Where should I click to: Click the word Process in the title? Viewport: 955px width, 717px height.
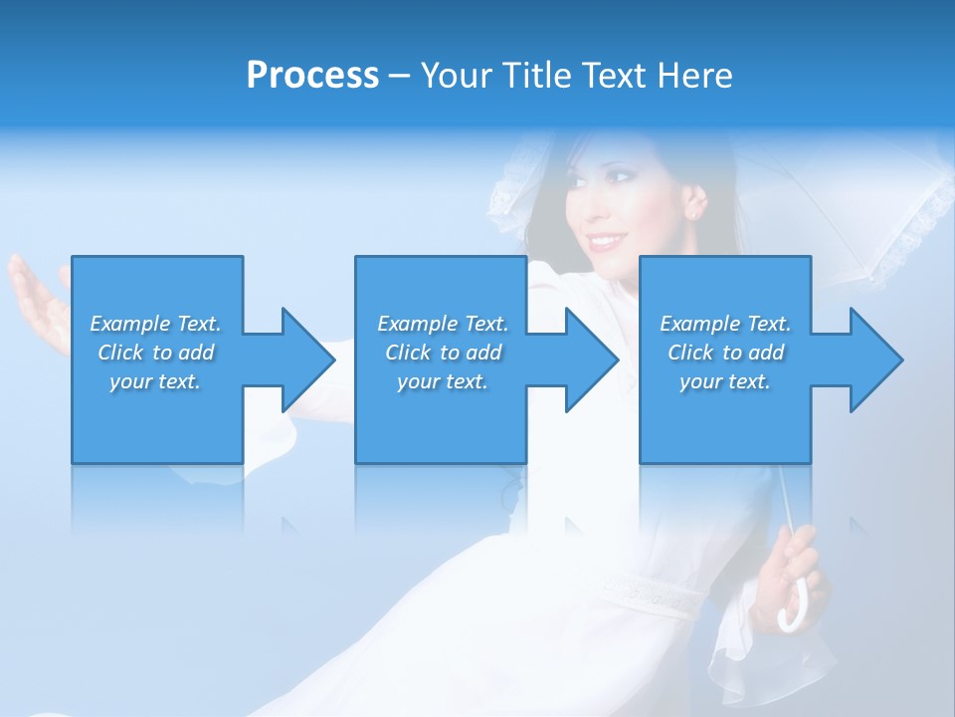pyautogui.click(x=312, y=76)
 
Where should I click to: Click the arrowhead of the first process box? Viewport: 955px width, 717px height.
pyautogui.click(x=309, y=359)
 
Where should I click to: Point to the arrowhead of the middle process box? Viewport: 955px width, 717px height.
pyautogui.click(x=593, y=359)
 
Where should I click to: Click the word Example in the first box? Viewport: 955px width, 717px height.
pyautogui.click(x=129, y=324)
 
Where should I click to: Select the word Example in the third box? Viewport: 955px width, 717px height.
pyautogui.click(x=699, y=324)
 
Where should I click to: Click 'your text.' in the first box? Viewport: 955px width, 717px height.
pyautogui.click(x=155, y=381)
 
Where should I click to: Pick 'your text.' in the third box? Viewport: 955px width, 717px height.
pyautogui.click(x=725, y=381)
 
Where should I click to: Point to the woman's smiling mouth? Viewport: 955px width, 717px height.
pyautogui.click(x=606, y=242)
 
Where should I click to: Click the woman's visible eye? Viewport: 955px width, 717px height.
pyautogui.click(x=623, y=177)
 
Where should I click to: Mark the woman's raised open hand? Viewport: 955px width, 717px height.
pyautogui.click(x=35, y=299)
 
